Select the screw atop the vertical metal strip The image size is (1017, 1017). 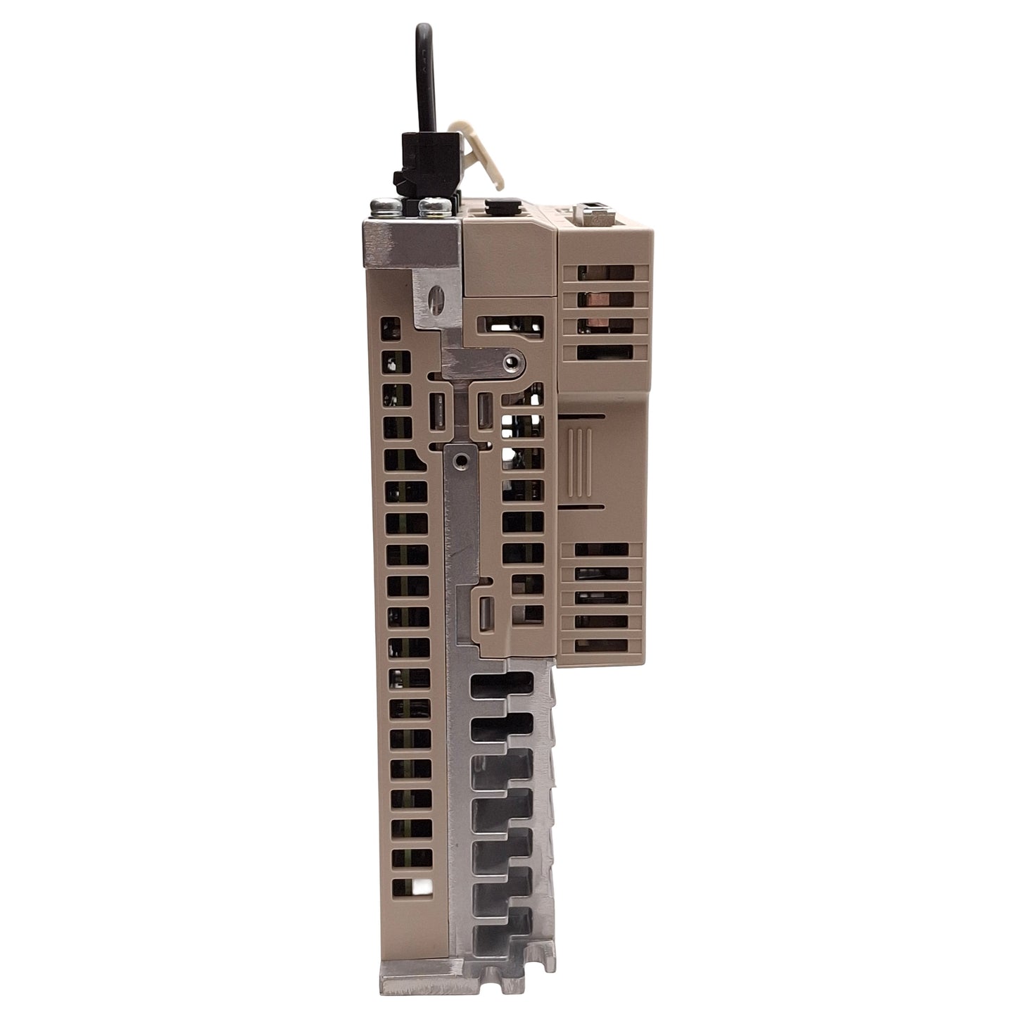click(x=460, y=460)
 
